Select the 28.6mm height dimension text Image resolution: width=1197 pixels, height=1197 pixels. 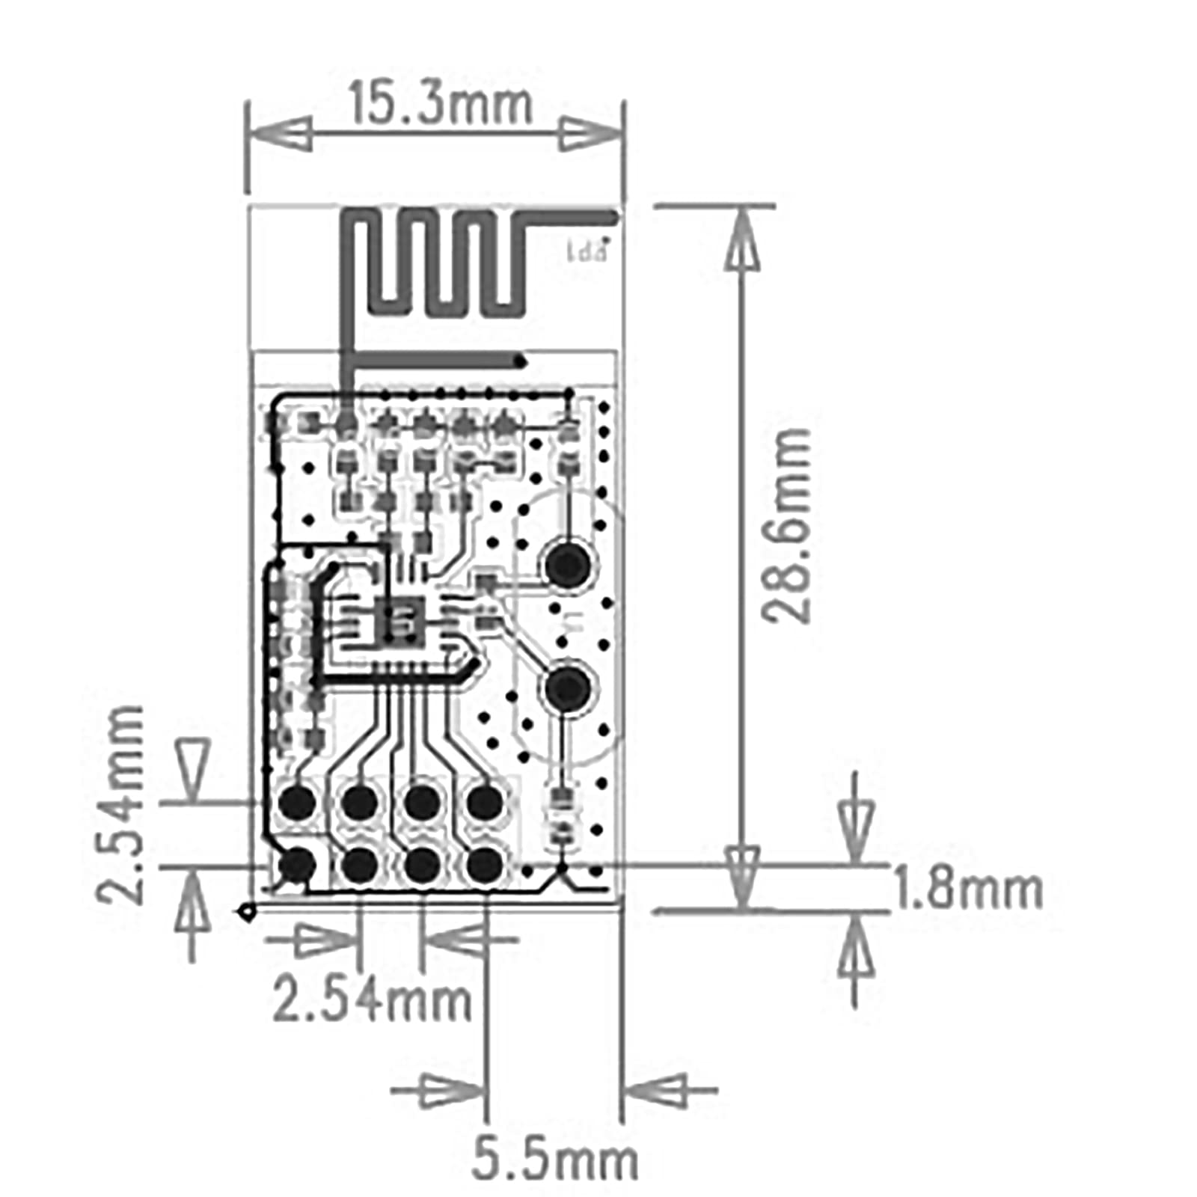tap(787, 526)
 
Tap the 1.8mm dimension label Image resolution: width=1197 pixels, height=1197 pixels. tap(967, 890)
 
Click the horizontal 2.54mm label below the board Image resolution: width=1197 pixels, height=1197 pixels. tap(372, 999)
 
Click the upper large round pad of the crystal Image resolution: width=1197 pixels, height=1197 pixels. tap(568, 565)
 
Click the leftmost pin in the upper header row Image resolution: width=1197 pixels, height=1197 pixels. tap(297, 803)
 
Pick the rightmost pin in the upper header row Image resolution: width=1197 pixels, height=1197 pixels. tap(485, 803)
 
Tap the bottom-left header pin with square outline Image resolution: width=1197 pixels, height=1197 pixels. tap(297, 866)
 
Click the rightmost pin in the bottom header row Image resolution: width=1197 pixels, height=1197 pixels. tap(485, 866)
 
